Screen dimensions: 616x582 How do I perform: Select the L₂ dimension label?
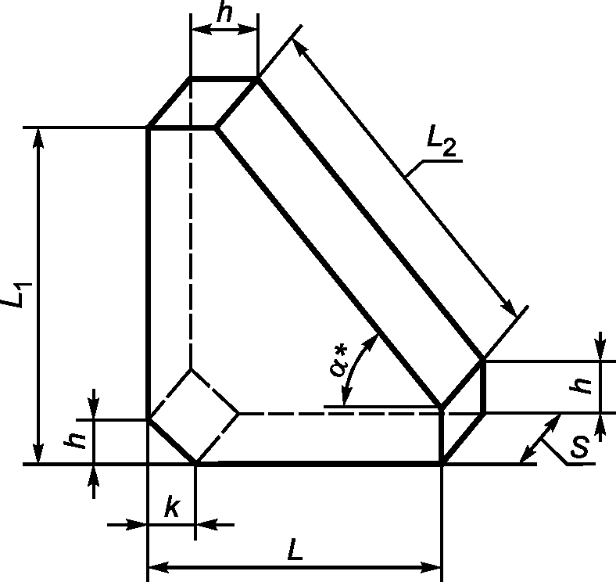[x=442, y=141]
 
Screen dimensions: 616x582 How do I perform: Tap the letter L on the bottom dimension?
[x=295, y=549]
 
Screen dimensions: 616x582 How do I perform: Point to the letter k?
[x=172, y=506]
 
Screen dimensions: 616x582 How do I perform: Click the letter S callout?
[x=580, y=447]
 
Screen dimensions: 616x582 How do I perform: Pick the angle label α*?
[x=338, y=361]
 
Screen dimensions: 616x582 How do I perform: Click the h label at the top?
[x=225, y=14]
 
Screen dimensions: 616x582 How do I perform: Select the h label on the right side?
[x=581, y=386]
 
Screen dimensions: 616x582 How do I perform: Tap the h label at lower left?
[x=75, y=441]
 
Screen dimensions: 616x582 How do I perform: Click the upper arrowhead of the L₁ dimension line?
[x=38, y=138]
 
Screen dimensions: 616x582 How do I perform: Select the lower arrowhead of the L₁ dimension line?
[x=38, y=454]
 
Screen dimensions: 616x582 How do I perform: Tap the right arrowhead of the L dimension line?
[x=431, y=567]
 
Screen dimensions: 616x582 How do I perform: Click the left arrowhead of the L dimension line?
[x=159, y=567]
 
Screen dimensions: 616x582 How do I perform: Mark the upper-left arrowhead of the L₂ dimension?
[x=299, y=47]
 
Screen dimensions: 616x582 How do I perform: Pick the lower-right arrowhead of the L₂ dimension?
[x=510, y=309]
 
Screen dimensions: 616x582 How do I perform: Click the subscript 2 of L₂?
[x=449, y=149]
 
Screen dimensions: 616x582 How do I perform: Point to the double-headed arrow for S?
[x=540, y=439]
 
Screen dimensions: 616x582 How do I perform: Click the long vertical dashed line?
[x=191, y=223]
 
